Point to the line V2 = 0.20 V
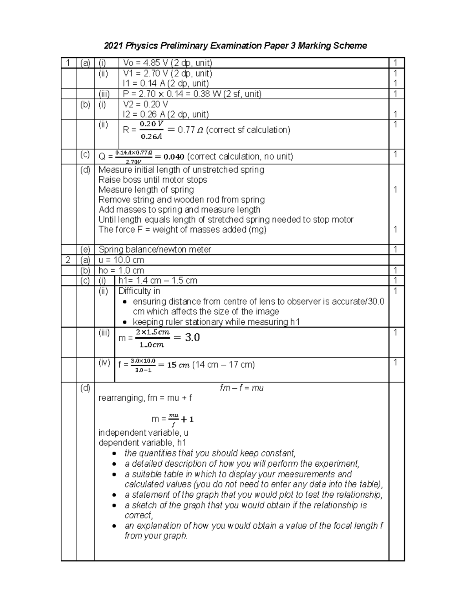click(x=145, y=104)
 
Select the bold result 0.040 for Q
click(x=173, y=157)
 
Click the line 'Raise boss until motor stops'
click(x=153, y=180)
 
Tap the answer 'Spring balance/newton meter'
click(x=155, y=250)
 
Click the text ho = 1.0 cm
click(x=121, y=271)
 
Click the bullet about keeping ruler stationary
click(x=216, y=322)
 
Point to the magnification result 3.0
click(x=192, y=337)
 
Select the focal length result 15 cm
click(x=178, y=365)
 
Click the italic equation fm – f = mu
click(x=241, y=388)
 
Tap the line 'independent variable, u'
click(x=143, y=433)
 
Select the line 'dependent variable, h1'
click(x=142, y=443)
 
